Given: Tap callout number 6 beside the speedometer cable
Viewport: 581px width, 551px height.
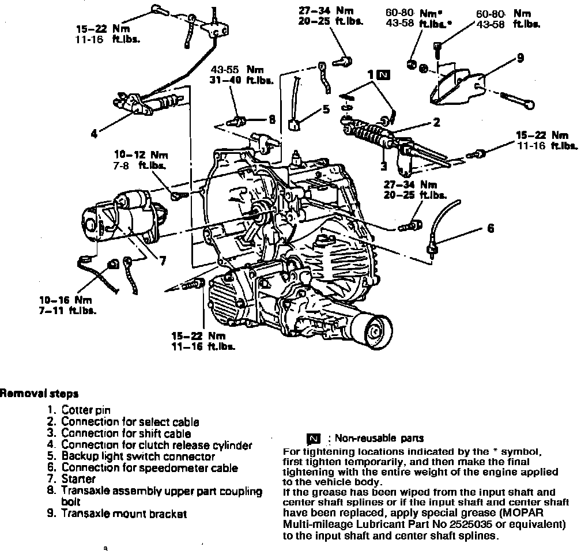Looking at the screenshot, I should [x=491, y=229].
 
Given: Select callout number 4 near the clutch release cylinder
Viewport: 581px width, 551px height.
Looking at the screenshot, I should [x=94, y=134].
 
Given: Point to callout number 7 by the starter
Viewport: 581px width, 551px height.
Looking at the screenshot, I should [x=163, y=261].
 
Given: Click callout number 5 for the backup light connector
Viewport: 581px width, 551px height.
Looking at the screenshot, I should [x=326, y=108].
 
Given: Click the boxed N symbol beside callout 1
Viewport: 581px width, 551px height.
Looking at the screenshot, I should [x=384, y=74].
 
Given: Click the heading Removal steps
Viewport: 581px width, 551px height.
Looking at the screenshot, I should [x=39, y=394].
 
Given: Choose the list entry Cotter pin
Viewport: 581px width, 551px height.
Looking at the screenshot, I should [x=86, y=410].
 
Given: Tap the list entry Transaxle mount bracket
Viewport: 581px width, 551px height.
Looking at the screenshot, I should [x=124, y=514].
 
